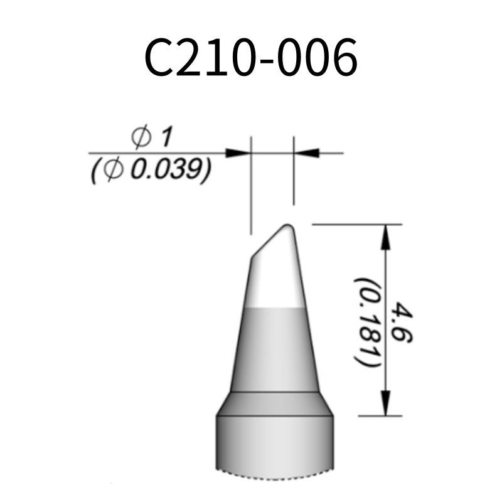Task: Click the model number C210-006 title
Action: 251,58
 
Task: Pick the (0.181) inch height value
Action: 366,323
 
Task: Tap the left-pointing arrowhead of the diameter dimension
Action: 306,152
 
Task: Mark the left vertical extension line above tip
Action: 250,188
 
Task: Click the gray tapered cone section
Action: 275,348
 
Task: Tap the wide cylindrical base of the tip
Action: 275,446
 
